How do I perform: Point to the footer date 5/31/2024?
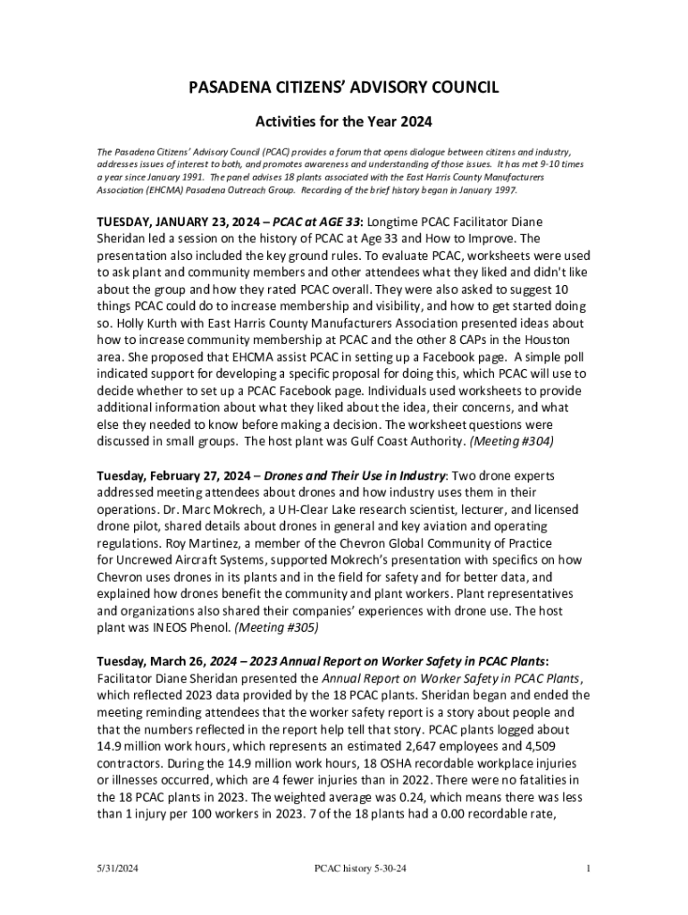pyautogui.click(x=118, y=869)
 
